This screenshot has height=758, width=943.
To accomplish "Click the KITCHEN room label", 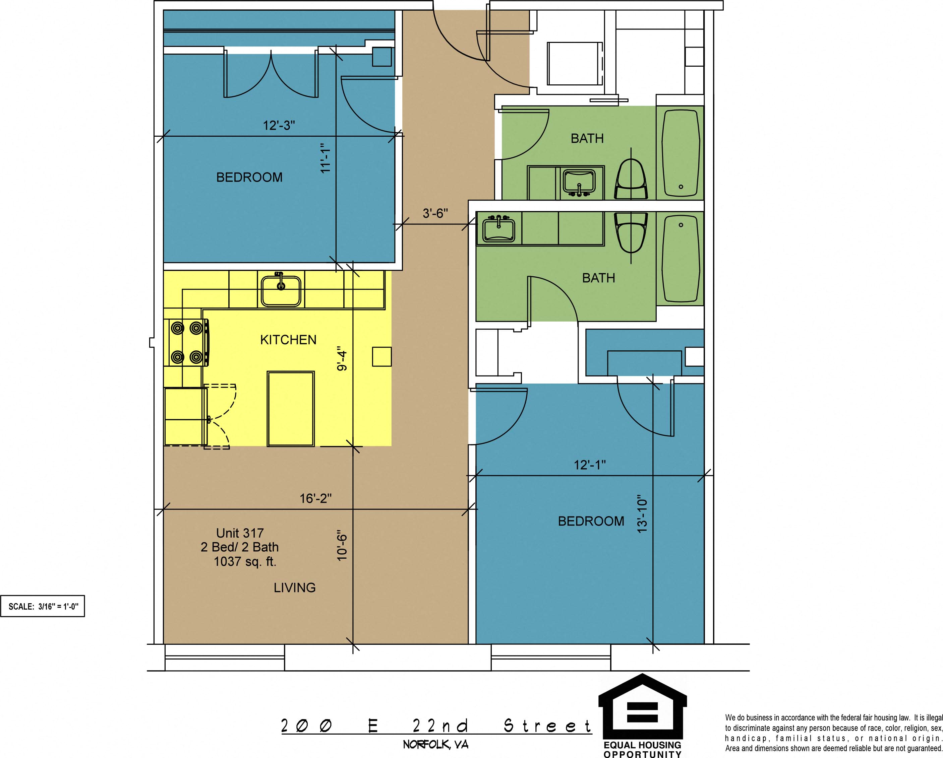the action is [288, 340].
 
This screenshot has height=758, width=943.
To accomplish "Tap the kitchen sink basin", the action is [281, 291].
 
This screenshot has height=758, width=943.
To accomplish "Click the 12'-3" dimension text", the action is [279, 126].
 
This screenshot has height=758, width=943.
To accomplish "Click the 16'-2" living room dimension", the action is [316, 498].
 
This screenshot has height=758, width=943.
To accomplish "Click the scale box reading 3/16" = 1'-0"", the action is [43, 606].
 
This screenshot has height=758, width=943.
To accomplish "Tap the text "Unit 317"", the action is [240, 533].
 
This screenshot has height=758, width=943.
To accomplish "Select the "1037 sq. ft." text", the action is [245, 561].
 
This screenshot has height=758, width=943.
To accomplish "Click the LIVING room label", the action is [295, 588].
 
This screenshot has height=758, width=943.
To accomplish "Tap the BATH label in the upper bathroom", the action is [587, 139].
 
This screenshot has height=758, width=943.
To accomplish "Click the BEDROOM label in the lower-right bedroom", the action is [591, 521].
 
